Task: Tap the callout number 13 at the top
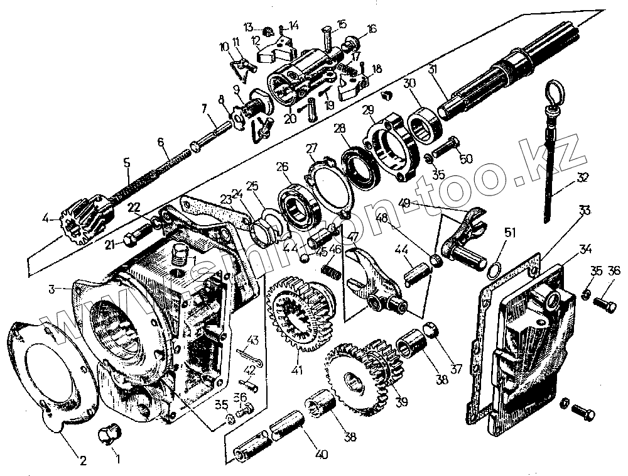pos(249,27)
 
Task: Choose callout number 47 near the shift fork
pos(353,237)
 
